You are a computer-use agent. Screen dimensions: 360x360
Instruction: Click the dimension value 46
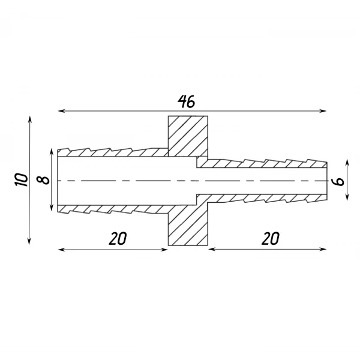coord(187,101)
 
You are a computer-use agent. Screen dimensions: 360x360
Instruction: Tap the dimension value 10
coord(22,179)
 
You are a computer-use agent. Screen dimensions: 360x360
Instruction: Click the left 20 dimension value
coord(118,238)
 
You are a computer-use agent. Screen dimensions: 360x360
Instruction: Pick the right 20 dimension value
coord(271,238)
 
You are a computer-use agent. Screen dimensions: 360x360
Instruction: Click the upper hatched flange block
coord(188,136)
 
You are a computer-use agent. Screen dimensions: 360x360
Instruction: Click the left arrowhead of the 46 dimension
coord(61,111)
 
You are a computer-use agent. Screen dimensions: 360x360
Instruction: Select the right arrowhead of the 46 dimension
coord(323,111)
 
